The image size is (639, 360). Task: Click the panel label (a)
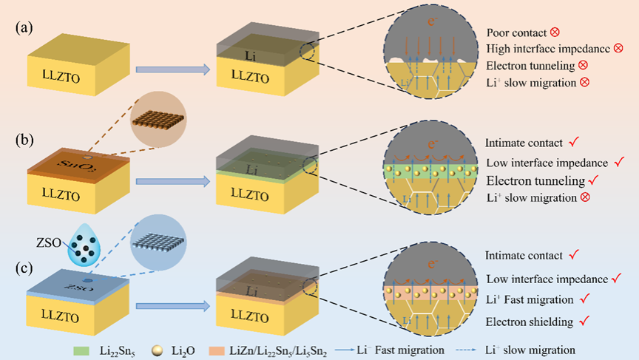click(23, 28)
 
